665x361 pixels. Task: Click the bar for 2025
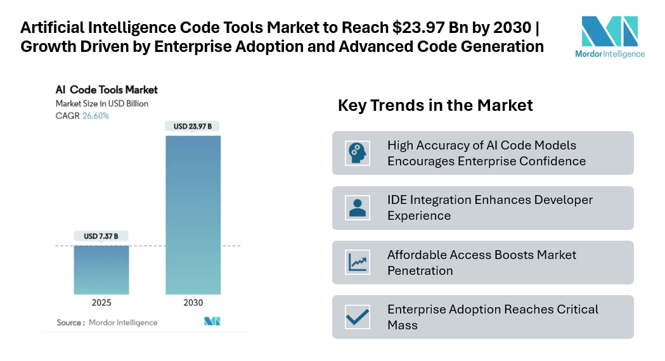pos(101,270)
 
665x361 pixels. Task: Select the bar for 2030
pos(193,215)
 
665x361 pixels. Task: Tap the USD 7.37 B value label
pos(101,236)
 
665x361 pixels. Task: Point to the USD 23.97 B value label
pos(193,127)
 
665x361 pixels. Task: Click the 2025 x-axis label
pos(101,303)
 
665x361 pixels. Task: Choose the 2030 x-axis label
pos(193,303)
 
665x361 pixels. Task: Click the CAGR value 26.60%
pos(96,116)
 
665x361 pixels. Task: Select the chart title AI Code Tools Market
pos(107,90)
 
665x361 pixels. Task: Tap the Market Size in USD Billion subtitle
pos(102,103)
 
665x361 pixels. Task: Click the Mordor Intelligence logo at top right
pos(609,37)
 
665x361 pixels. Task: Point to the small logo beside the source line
pos(212,322)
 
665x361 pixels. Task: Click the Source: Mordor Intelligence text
pos(107,322)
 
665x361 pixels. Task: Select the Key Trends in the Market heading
pos(435,105)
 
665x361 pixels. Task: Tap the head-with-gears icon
pos(358,153)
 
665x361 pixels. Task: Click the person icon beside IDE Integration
pos(358,208)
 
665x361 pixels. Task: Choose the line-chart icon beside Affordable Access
pos(358,262)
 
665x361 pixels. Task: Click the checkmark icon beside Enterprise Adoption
pos(358,317)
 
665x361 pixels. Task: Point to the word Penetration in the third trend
pos(420,270)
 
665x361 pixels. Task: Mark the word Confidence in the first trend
pos(553,161)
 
